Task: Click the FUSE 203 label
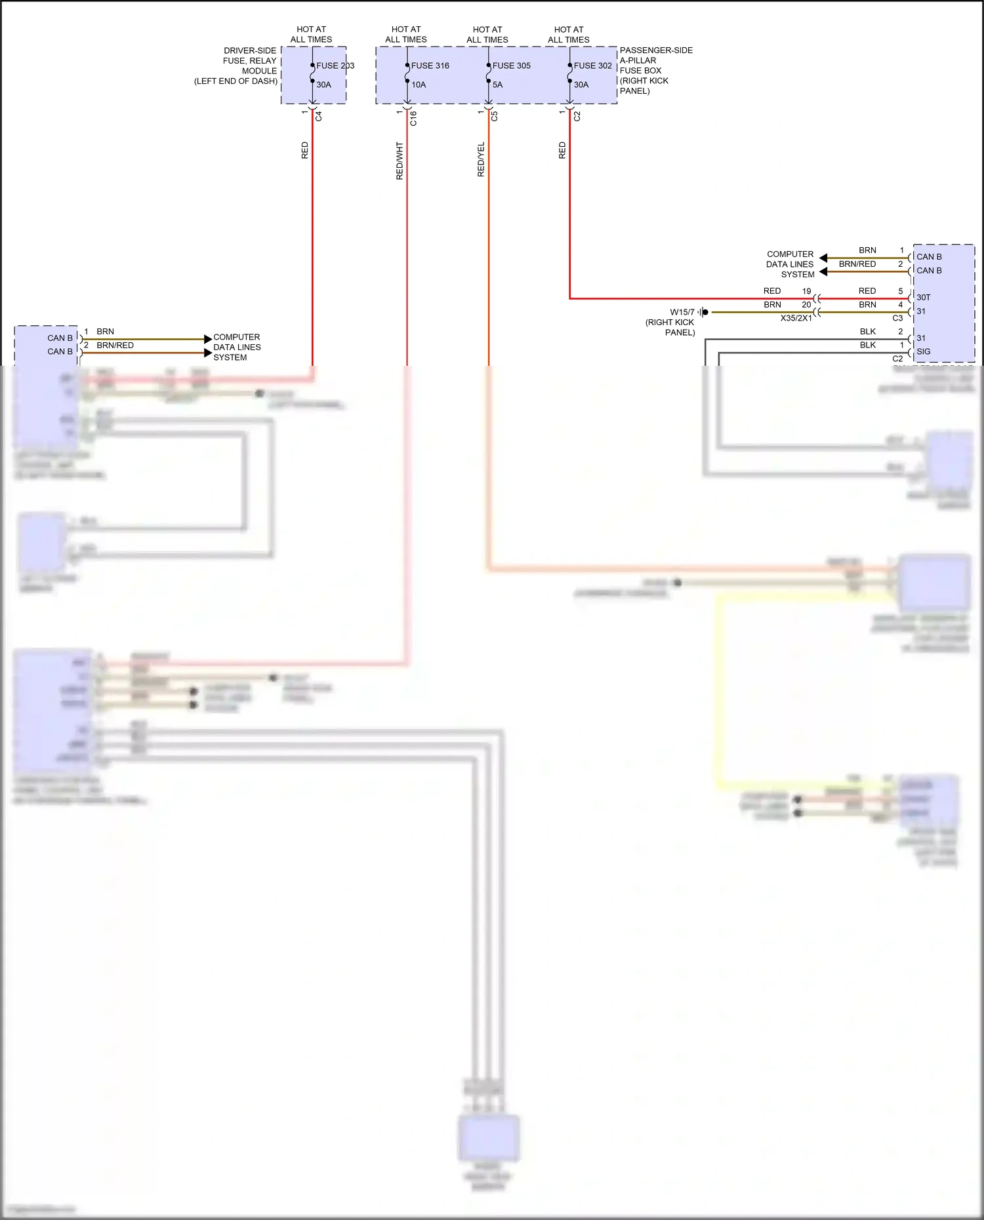(x=335, y=66)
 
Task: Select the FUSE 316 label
(x=430, y=66)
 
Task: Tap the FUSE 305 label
(x=511, y=66)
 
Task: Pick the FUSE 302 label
(x=592, y=66)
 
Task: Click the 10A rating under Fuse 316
(x=419, y=85)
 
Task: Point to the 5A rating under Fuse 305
(x=497, y=85)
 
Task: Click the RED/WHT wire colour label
(x=400, y=161)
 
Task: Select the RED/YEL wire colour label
(x=481, y=159)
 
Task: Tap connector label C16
(x=413, y=119)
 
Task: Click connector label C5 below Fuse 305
(x=495, y=116)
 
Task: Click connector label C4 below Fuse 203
(x=319, y=116)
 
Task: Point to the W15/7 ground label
(x=682, y=312)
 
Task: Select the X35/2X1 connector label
(x=796, y=318)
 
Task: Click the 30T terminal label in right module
(x=923, y=298)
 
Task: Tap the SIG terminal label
(x=923, y=352)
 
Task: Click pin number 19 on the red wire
(x=806, y=291)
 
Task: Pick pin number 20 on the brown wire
(x=806, y=305)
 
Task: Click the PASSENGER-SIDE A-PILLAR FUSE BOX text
(x=655, y=70)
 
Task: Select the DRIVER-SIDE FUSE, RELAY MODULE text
(x=236, y=66)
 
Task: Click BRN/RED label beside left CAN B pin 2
(x=115, y=345)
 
